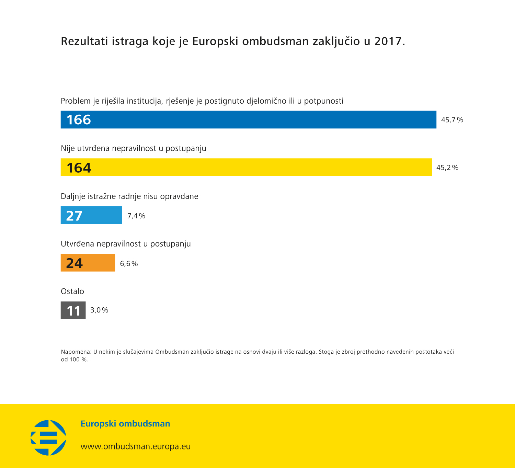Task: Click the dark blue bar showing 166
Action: (x=248, y=119)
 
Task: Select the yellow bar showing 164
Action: (x=246, y=167)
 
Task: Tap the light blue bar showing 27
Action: (x=91, y=215)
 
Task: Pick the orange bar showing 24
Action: (x=88, y=263)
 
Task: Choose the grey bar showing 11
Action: (x=73, y=310)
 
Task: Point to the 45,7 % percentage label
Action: (x=452, y=120)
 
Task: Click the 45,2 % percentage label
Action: (x=447, y=168)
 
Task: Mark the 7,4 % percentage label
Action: (x=136, y=216)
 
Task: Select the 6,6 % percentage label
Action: (x=129, y=264)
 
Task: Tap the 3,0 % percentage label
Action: (x=99, y=310)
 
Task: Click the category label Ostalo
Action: (x=72, y=291)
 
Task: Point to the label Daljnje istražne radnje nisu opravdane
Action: (x=129, y=196)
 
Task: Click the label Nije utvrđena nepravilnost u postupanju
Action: (x=133, y=148)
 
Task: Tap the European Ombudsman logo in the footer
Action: (x=48, y=437)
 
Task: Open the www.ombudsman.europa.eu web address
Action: (x=136, y=446)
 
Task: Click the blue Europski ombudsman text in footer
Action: (x=125, y=424)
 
